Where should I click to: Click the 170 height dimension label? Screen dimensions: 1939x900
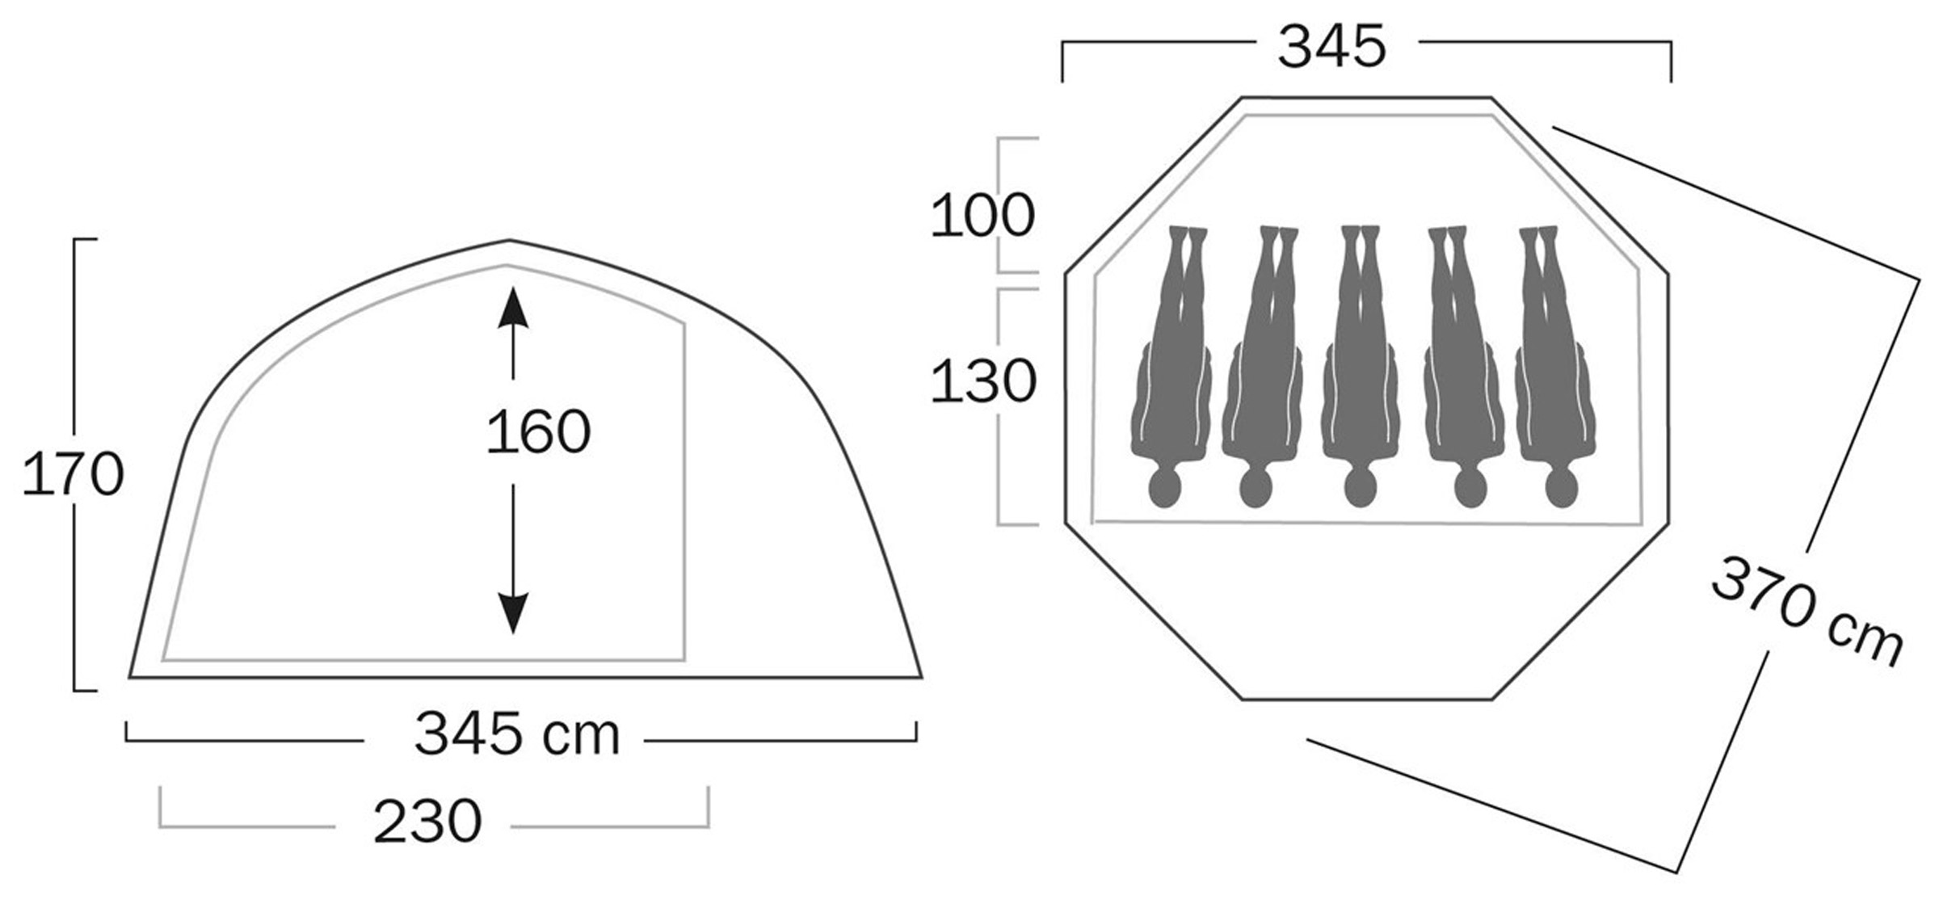click(73, 474)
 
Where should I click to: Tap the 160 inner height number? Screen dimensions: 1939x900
click(538, 432)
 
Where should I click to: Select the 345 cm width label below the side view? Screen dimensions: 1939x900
click(517, 734)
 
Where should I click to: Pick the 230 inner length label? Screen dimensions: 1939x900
click(427, 822)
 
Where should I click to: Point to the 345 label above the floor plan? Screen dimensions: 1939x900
click(1331, 46)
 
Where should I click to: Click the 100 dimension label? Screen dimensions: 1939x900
click(982, 216)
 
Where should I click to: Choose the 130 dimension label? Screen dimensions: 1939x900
click(982, 381)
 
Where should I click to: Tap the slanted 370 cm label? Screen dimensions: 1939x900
click(1808, 611)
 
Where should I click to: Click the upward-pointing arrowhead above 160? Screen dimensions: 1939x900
click(513, 308)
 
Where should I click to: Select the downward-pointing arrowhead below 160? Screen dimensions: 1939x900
click(513, 613)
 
